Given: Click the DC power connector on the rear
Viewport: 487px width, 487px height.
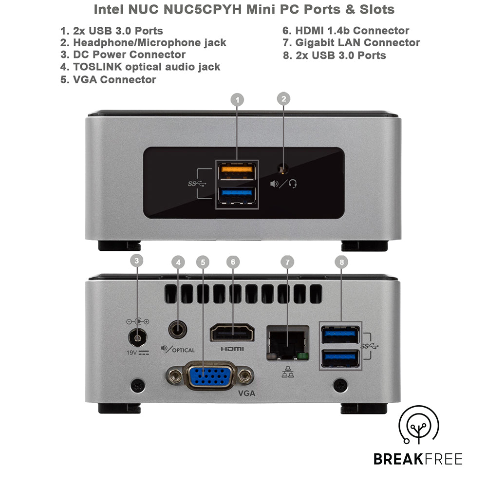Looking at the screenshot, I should [x=137, y=337].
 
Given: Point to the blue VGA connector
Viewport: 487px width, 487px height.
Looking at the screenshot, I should [x=210, y=376].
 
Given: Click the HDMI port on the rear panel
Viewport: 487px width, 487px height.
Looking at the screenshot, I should [x=232, y=334].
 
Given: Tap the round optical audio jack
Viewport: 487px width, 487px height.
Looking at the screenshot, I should [x=178, y=330].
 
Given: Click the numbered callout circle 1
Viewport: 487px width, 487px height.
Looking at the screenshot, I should [x=237, y=100].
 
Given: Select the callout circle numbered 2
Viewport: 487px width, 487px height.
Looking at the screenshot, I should [x=283, y=99].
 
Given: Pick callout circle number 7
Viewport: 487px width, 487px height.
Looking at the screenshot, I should [x=287, y=262].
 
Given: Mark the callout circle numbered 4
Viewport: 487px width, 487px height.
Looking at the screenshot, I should [x=178, y=262].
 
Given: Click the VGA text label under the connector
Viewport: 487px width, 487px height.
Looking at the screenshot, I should [x=246, y=393].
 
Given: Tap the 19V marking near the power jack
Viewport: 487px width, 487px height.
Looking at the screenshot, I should [x=132, y=352].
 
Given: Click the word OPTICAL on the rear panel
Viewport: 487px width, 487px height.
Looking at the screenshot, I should [x=183, y=350].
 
